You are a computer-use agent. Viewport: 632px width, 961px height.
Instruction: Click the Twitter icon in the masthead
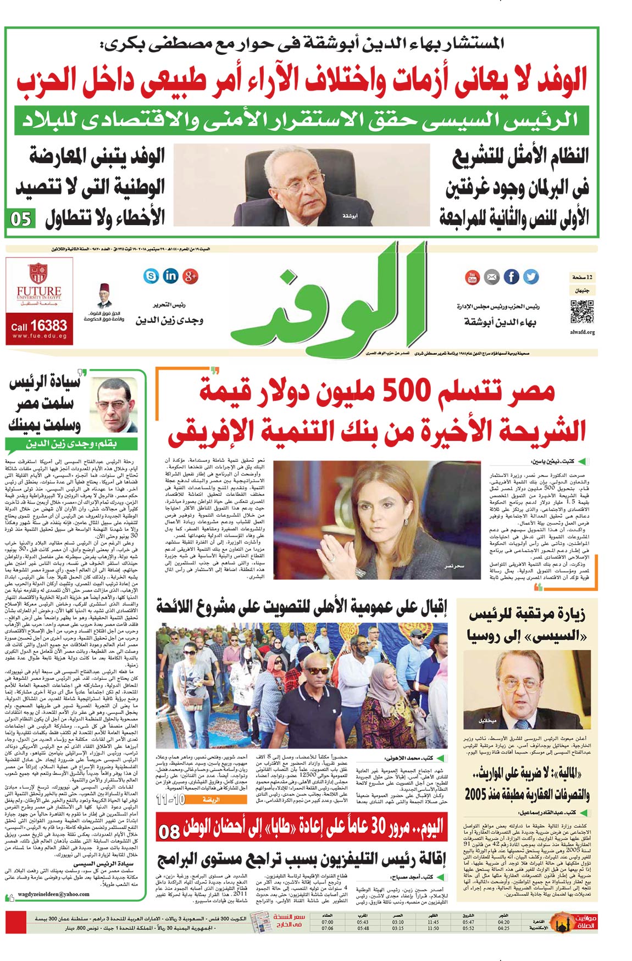click(531, 277)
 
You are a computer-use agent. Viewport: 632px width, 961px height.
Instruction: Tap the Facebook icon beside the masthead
click(511, 277)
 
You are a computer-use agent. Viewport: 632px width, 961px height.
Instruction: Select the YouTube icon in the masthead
click(472, 277)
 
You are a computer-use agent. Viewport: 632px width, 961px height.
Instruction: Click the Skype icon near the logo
click(151, 276)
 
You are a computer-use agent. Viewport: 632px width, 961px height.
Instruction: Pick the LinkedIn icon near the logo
click(170, 276)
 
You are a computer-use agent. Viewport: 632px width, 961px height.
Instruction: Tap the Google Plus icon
click(190, 276)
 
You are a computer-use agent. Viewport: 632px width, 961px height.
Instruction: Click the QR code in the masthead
click(582, 312)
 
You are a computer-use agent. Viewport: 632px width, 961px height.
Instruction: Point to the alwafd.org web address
click(582, 332)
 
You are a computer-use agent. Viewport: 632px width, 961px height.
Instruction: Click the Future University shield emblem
click(38, 273)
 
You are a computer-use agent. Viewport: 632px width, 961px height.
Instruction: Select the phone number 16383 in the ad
click(48, 326)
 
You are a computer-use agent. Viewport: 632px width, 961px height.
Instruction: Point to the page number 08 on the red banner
click(168, 831)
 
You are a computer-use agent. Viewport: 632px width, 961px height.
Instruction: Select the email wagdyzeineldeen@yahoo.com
click(53, 893)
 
